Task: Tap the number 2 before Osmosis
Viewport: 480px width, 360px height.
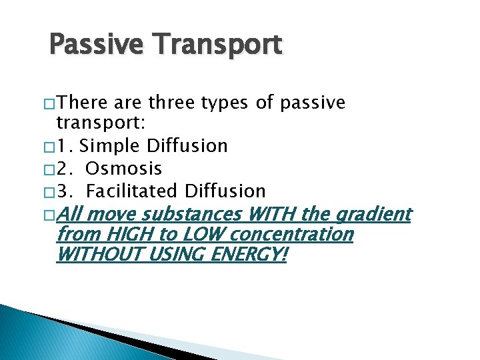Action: pyautogui.click(x=62, y=169)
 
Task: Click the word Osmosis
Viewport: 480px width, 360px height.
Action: pyautogui.click(x=124, y=169)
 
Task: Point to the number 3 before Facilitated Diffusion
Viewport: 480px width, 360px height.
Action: pyautogui.click(x=62, y=191)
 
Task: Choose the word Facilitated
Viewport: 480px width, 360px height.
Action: pyautogui.click(x=133, y=191)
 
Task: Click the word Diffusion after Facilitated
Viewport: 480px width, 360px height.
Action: pyautogui.click(x=225, y=191)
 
